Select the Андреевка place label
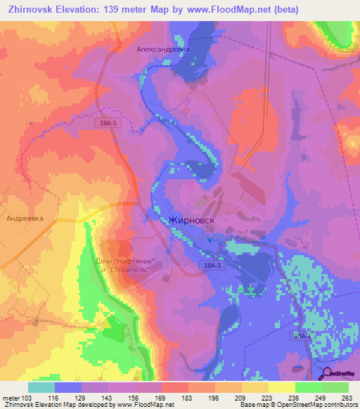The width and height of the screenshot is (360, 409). click(25, 219)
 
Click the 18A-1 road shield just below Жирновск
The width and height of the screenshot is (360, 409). click(212, 265)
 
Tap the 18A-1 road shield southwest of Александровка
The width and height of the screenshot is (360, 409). click(109, 122)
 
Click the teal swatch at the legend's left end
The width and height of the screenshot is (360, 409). click(41, 387)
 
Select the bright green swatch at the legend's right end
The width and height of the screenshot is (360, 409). click(335, 387)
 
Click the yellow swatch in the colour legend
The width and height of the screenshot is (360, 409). click(281, 387)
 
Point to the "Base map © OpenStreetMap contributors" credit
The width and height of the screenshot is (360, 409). click(298, 405)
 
